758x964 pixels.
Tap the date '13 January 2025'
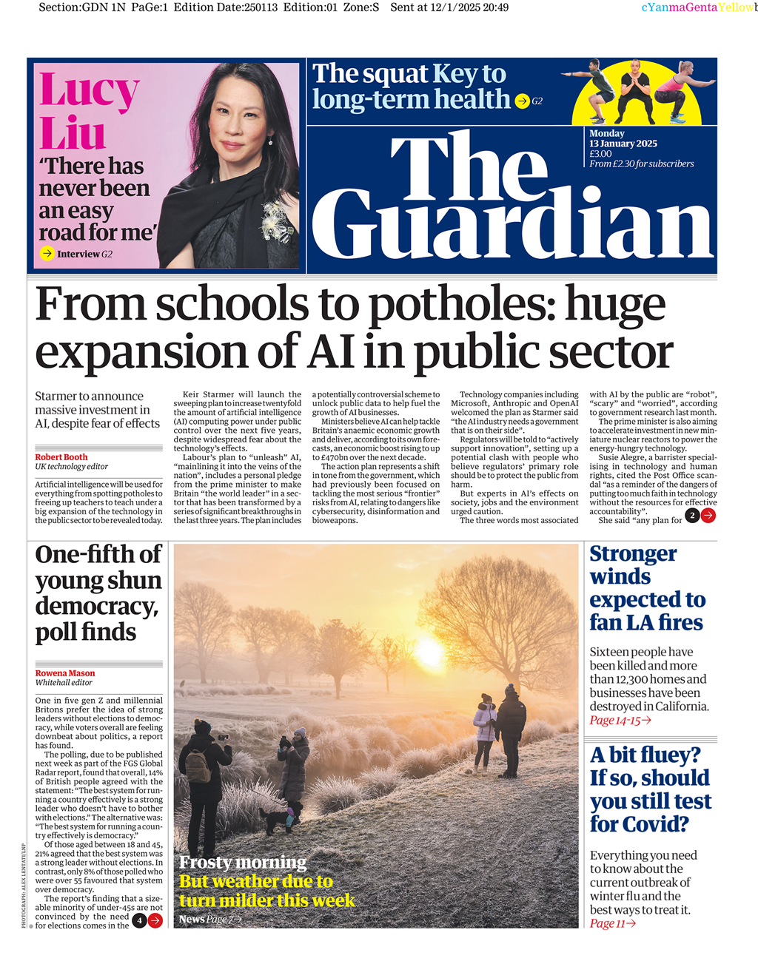(x=623, y=144)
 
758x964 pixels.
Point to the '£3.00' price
(x=600, y=154)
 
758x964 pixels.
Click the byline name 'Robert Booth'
(x=61, y=457)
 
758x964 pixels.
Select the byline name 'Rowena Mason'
(x=65, y=673)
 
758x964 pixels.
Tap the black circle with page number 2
(x=692, y=516)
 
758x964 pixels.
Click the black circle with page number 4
(x=139, y=920)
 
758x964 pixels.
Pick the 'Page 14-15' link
(x=620, y=720)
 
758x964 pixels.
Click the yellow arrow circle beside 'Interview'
(x=47, y=254)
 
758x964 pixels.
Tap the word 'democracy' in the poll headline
(x=95, y=606)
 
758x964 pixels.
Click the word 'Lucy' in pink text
(x=89, y=90)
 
